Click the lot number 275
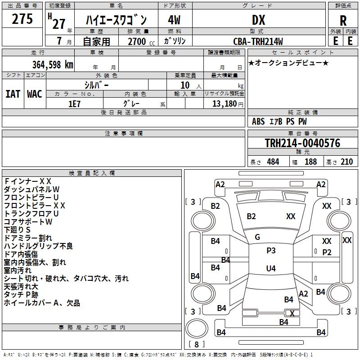tap(22, 19)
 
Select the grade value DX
tap(258, 20)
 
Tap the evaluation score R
tap(343, 21)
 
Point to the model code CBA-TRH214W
tap(258, 41)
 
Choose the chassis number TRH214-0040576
tap(302, 143)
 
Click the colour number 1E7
tap(75, 103)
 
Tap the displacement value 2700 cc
tap(139, 41)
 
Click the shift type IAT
tap(13, 94)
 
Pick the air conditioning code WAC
tap(35, 94)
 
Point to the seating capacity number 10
tap(185, 85)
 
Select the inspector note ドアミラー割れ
tap(28, 238)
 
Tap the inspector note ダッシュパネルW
tap(32, 189)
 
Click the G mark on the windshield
tap(257, 237)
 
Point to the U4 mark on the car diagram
tap(270, 269)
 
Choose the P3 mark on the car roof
tap(271, 251)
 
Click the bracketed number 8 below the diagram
tap(197, 345)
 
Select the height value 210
tap(346, 162)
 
